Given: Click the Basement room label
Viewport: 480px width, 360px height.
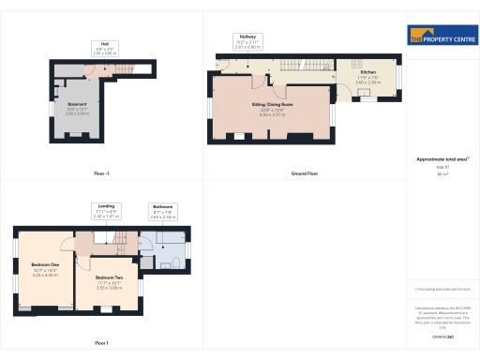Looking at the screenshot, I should (77, 108).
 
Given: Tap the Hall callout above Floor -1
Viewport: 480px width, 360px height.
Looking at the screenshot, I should (104, 49).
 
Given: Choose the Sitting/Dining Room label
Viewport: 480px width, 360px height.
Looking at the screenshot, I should (271, 110).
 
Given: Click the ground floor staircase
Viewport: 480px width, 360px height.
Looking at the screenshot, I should (320, 66).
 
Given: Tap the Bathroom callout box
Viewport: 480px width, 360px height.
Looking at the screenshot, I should (163, 212).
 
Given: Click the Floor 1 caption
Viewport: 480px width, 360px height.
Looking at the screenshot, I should (101, 343).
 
